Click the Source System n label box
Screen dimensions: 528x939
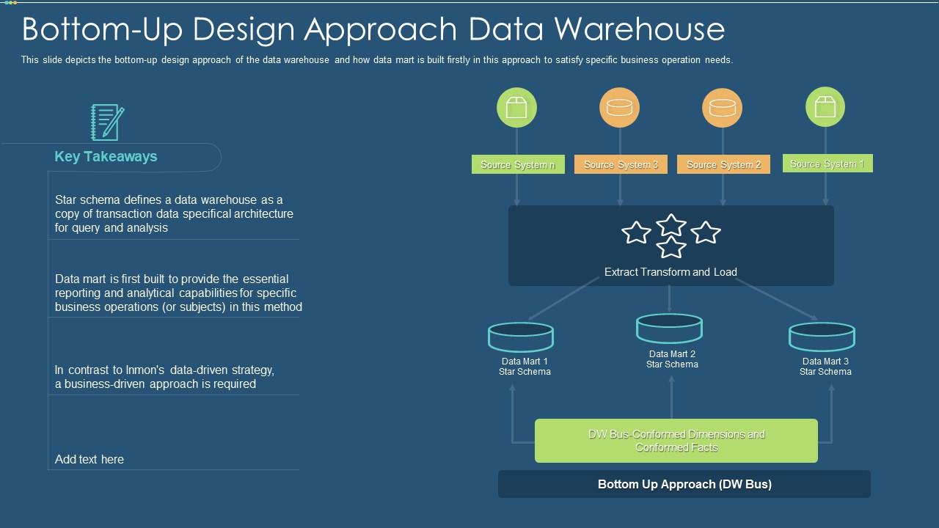518,165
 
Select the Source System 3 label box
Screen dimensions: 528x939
621,165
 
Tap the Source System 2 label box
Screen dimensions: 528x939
723,165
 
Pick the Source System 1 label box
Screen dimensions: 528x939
827,164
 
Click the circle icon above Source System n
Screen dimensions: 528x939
516,107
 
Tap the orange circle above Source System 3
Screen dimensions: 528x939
620,107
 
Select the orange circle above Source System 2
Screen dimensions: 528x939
723,107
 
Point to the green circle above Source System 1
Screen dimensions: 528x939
825,107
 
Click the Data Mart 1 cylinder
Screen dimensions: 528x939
521,337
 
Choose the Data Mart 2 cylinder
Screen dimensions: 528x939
669,329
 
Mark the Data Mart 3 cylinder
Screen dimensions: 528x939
822,337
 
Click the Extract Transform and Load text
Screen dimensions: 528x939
671,272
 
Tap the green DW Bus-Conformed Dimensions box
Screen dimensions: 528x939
676,441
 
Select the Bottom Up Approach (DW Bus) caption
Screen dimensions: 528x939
684,484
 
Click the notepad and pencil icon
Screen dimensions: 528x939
107,122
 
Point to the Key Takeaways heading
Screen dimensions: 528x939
106,157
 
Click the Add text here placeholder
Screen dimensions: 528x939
89,460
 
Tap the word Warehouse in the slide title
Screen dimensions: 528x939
639,29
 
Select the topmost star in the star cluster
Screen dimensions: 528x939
671,224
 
